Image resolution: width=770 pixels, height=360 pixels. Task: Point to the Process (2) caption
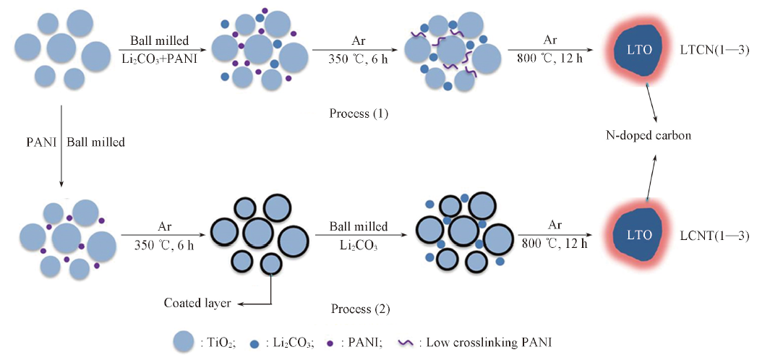360,309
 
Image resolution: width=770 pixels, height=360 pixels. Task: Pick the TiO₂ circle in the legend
184,341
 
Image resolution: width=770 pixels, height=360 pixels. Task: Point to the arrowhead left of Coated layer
238,304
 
